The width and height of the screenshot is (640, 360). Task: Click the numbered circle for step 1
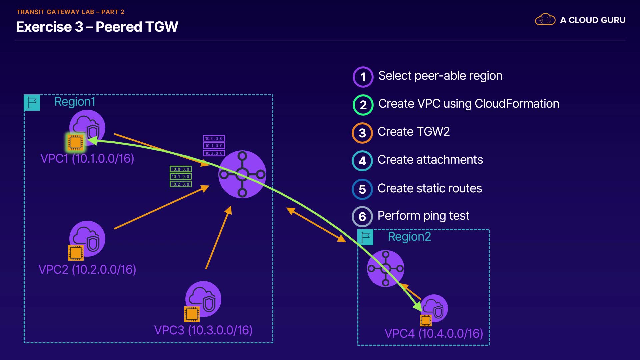[363, 77]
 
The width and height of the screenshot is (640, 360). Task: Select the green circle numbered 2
[363, 105]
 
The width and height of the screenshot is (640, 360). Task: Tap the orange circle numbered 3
[362, 133]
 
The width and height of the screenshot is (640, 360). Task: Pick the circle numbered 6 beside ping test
[362, 217]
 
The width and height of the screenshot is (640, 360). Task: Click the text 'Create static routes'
[430, 188]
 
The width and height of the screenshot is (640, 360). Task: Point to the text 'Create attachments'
[430, 160]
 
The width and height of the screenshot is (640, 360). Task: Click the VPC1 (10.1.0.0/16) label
[87, 158]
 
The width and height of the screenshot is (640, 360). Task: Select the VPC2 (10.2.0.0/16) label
[87, 269]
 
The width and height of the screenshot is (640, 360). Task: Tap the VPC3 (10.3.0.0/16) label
[203, 330]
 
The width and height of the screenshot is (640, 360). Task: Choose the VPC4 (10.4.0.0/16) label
[434, 333]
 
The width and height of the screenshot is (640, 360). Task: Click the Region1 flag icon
[32, 103]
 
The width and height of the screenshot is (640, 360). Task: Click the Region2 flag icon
[365, 237]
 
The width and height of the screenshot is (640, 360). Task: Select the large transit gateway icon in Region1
[242, 174]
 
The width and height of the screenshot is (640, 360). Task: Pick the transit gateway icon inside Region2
[386, 268]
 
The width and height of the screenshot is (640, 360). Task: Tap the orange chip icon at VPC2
[76, 253]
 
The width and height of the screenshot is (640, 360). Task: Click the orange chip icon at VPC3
[192, 314]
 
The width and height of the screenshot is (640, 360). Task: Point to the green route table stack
[181, 177]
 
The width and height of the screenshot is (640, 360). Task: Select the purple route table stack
[214, 146]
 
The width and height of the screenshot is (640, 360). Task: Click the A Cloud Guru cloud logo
[545, 20]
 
